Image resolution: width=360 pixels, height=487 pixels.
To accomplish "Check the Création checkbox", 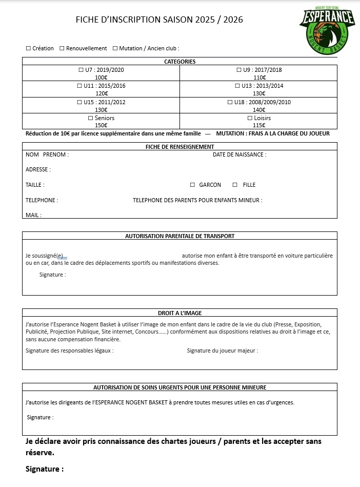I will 28,48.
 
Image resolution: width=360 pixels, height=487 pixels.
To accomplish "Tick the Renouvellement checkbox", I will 62,48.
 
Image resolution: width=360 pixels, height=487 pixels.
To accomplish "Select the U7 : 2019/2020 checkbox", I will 81,70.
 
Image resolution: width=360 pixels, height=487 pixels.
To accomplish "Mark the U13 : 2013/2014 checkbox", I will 237,86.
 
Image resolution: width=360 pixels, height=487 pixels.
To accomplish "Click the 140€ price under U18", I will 259,110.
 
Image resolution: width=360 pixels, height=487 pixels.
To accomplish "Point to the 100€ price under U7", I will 101,77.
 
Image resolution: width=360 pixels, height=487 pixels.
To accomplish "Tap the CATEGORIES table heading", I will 179,62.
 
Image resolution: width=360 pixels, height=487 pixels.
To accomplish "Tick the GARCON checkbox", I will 193,185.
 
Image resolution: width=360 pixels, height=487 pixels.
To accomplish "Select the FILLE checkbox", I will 235,185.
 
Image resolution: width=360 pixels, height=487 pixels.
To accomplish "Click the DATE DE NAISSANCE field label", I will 239,154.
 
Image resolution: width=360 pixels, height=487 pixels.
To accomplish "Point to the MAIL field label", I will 33,215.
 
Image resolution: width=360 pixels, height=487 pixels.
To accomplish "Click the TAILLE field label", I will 34,185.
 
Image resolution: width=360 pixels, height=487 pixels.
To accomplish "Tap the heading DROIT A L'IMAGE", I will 179,313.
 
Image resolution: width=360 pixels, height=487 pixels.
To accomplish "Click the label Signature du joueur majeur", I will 222,350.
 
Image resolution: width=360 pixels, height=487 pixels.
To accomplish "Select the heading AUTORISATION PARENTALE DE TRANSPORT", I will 179,236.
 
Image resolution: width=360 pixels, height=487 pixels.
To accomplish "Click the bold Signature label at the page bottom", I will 44,469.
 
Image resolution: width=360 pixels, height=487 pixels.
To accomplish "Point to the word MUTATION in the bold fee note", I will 233,133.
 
